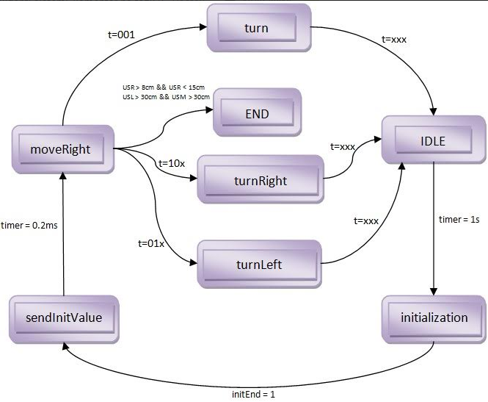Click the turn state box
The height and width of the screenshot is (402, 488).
[x=256, y=27]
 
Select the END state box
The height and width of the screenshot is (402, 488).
[x=257, y=113]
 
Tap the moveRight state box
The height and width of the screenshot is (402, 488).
[x=63, y=149]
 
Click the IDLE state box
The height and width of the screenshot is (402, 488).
[x=431, y=140]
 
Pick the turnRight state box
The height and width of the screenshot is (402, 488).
[x=261, y=179]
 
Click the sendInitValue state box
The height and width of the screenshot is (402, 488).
[x=64, y=318]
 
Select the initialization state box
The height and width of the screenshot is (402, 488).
[x=434, y=318]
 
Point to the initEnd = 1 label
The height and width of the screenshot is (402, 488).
[x=253, y=394]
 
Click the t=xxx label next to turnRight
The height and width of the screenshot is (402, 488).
[x=343, y=146]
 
